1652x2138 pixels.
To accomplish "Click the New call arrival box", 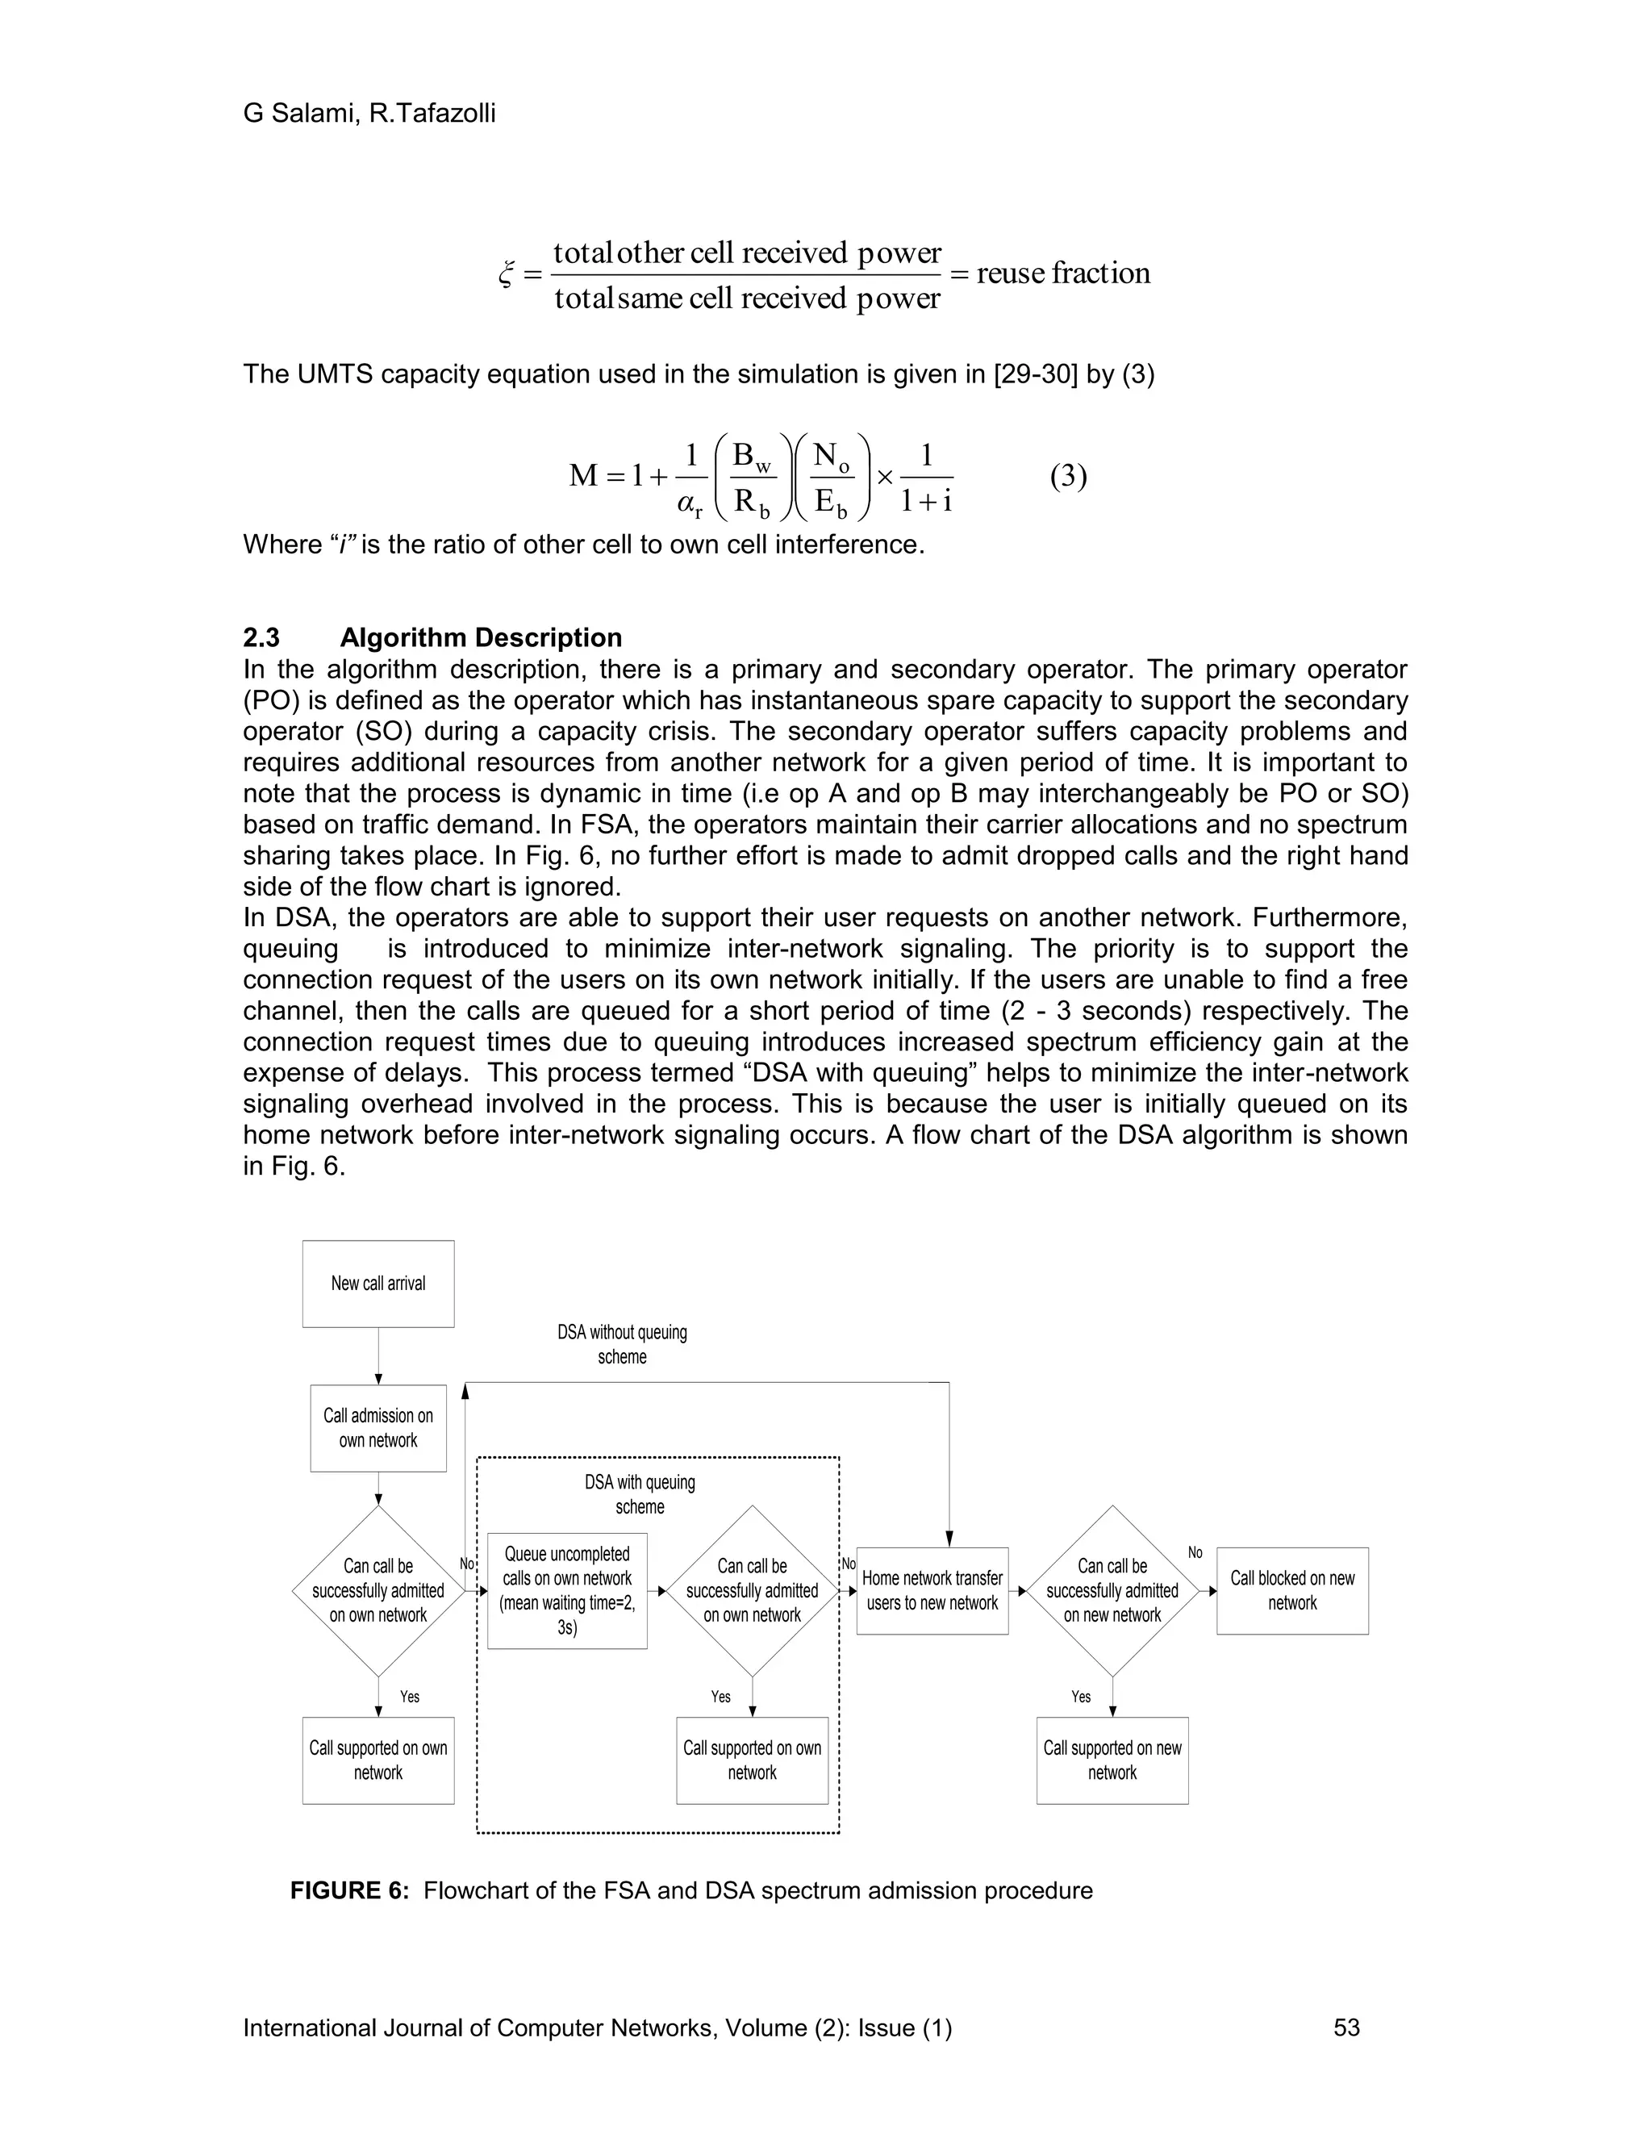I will pyautogui.click(x=378, y=1284).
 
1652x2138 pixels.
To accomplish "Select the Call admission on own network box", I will pyautogui.click(x=378, y=1427).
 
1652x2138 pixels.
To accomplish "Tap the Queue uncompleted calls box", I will pyautogui.click(x=566, y=1591).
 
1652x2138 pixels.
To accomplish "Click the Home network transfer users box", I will pyautogui.click(x=932, y=1591).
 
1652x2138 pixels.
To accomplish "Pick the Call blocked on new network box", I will pyautogui.click(x=1292, y=1591).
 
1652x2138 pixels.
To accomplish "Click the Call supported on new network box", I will pyautogui.click(x=1112, y=1760).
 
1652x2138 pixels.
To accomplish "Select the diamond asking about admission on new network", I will pyautogui.click(x=1112, y=1591).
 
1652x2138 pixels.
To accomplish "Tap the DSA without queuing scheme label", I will pyautogui.click(x=623, y=1344).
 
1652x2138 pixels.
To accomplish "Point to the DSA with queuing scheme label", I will pyautogui.click(x=640, y=1494).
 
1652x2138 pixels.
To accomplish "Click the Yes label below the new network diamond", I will pyautogui.click(x=1080, y=1697).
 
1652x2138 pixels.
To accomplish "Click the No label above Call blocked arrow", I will pyautogui.click(x=1195, y=1552).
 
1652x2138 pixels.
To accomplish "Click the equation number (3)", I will pyautogui.click(x=1068, y=477).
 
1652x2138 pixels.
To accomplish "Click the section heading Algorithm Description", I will pyautogui.click(x=481, y=637).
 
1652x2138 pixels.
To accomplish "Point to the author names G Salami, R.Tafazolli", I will pyautogui.click(x=369, y=114).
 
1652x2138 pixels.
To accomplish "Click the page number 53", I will pyautogui.click(x=1346, y=2027).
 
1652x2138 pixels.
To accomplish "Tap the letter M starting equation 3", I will pyautogui.click(x=583, y=477).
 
